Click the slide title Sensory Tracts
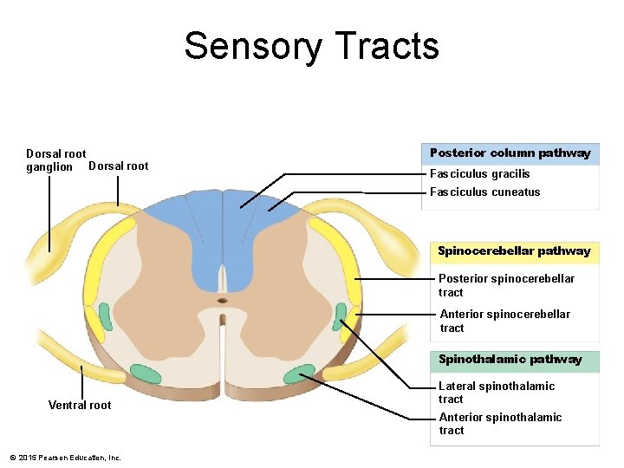311,46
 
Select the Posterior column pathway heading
510,153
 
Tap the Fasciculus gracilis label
479,174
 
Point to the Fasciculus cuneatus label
484,192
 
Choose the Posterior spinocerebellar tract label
505,285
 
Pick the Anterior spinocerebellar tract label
504,321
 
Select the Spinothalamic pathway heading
510,360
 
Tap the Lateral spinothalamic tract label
496,392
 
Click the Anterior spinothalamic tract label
499,423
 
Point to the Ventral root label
80,405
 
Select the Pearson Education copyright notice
65,458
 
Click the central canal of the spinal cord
223,301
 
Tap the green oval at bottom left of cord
146,374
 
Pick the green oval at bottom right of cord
300,374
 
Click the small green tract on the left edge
105,316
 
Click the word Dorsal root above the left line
119,166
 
